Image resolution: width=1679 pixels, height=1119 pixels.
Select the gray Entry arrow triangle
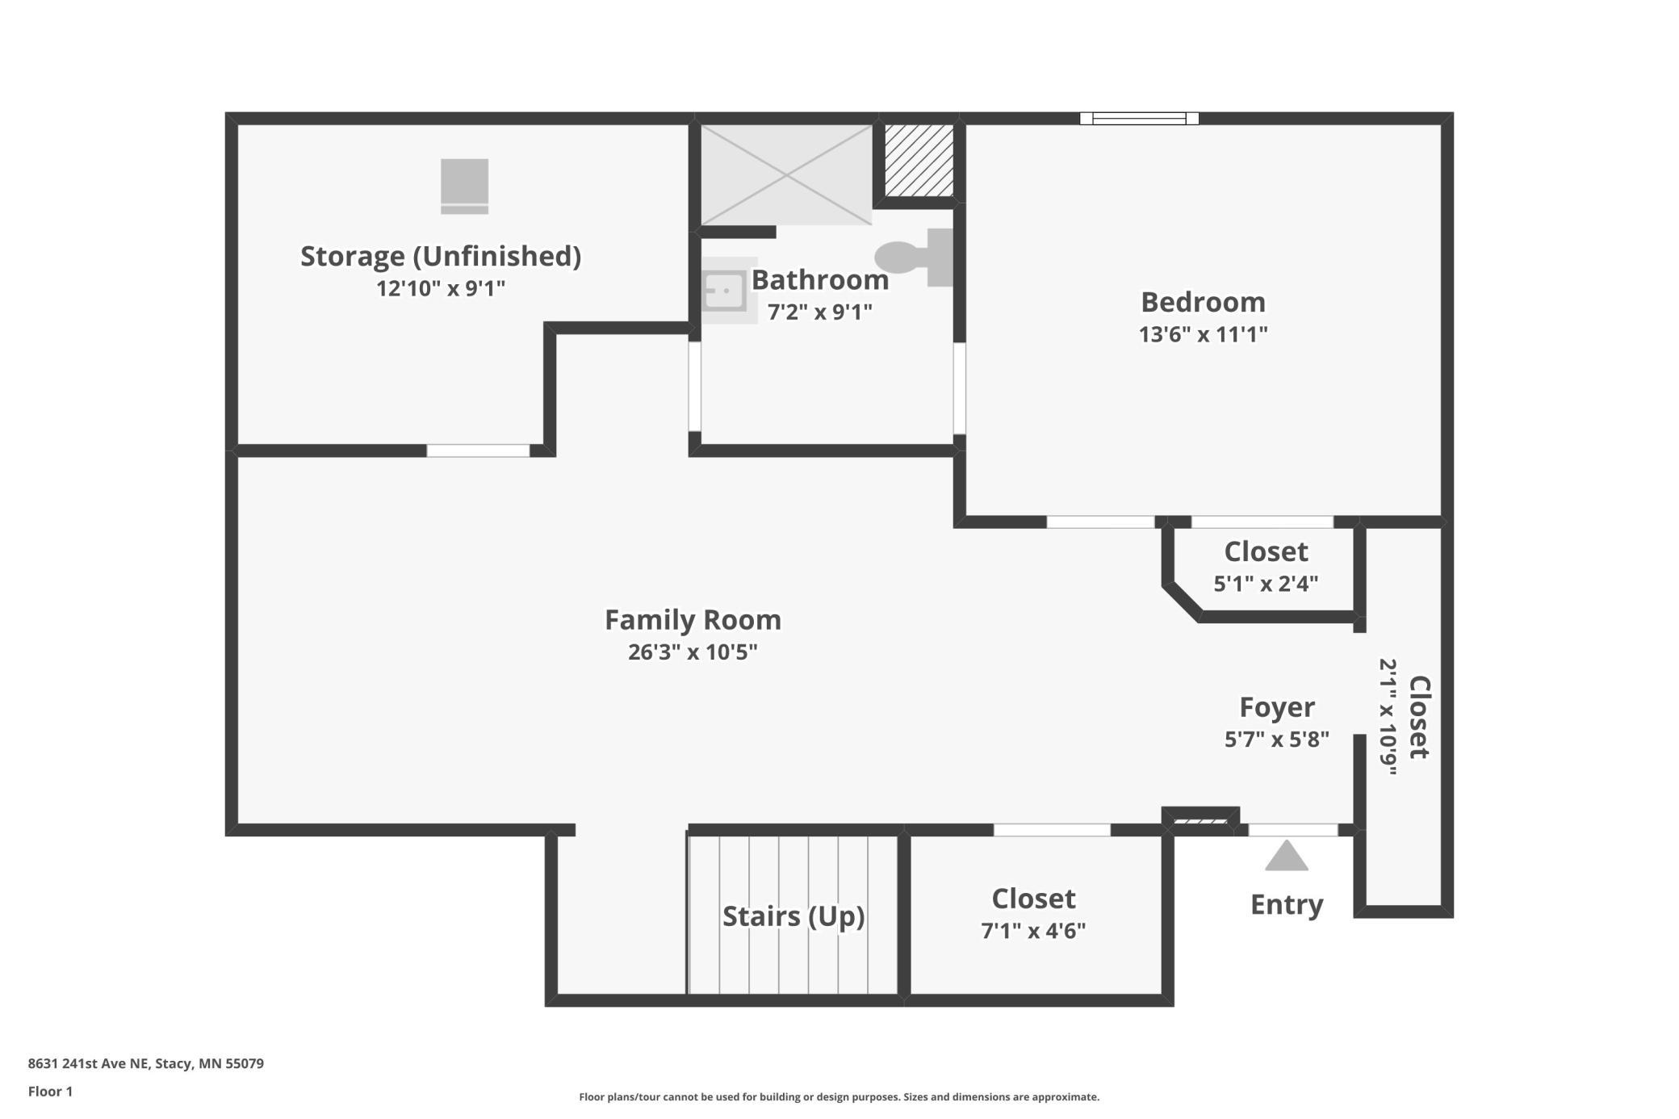[x=1286, y=856]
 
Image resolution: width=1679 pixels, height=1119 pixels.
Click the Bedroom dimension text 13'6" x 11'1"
[x=1203, y=334]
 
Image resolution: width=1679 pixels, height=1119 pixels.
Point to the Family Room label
[x=693, y=620]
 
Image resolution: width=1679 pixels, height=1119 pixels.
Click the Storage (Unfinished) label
[x=441, y=256]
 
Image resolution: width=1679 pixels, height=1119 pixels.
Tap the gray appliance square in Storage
[x=464, y=186]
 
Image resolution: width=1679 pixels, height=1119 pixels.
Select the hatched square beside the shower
[x=919, y=160]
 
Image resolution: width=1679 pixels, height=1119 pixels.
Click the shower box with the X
[x=786, y=174]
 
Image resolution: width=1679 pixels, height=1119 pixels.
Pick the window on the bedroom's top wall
[x=1139, y=119]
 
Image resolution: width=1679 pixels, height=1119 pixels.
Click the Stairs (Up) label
[x=793, y=916]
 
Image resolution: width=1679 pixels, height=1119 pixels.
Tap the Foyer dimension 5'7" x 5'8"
[x=1276, y=740]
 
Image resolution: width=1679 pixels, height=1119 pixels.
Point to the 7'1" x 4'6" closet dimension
[x=1033, y=931]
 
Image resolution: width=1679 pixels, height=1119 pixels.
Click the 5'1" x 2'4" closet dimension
[x=1266, y=584]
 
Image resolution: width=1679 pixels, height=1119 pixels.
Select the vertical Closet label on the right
[x=1419, y=717]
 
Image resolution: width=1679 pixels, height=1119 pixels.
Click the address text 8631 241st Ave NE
[x=89, y=1063]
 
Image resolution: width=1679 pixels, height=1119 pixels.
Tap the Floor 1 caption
[x=50, y=1092]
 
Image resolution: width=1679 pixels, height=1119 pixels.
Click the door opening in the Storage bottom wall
[x=478, y=451]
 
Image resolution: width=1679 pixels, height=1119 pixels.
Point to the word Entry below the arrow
[x=1287, y=905]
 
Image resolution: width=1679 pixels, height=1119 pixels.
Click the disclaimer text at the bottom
[x=839, y=1096]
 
